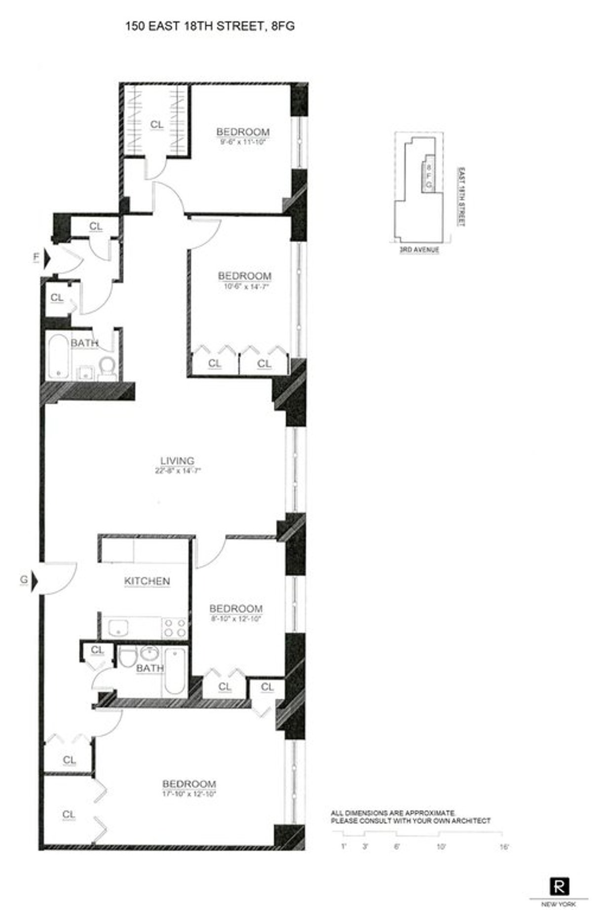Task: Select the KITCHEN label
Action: [147, 581]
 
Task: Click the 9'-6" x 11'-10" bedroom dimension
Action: [243, 141]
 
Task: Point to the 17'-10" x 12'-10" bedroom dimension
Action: [189, 794]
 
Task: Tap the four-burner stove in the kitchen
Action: [175, 628]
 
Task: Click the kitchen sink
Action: [118, 628]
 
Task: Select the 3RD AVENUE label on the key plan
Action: [419, 250]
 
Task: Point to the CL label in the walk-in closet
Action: [156, 125]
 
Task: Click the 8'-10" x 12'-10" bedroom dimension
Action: [235, 618]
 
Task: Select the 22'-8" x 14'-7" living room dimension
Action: [178, 471]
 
